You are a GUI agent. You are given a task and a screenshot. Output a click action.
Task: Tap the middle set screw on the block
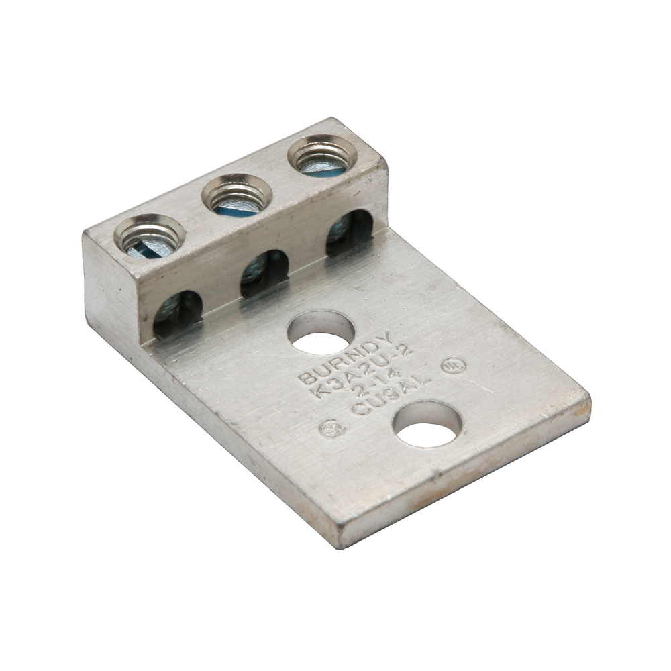coord(236,195)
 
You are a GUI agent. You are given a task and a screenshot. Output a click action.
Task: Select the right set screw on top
coord(322,154)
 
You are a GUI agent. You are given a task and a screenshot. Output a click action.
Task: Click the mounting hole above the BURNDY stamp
coord(321,332)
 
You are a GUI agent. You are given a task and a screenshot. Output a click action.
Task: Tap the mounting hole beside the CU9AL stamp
coord(427,424)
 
